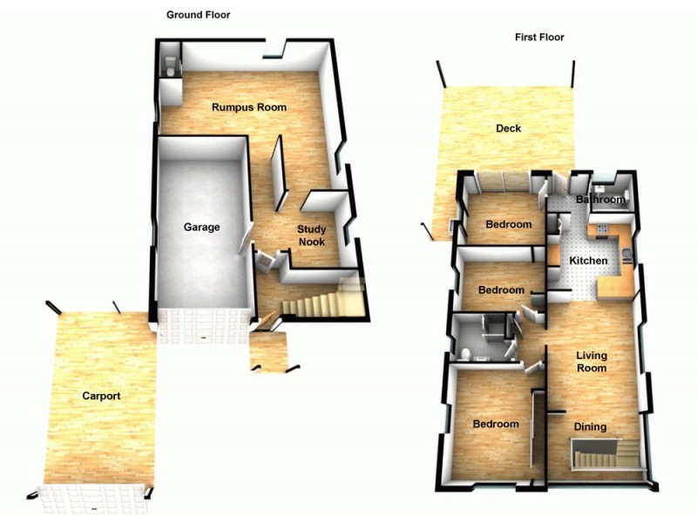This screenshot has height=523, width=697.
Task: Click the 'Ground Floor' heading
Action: [x=198, y=15]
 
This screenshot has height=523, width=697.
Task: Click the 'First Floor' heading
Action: [x=539, y=37]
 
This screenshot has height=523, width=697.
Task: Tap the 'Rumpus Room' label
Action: [x=249, y=108]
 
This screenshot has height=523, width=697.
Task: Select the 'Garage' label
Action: [x=201, y=228]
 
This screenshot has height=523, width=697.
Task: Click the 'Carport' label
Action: [x=101, y=397]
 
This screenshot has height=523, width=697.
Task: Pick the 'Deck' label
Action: [x=508, y=129]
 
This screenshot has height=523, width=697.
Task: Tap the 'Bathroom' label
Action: [x=601, y=200]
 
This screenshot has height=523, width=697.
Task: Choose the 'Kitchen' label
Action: [x=588, y=261]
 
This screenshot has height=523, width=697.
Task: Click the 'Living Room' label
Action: [x=592, y=362]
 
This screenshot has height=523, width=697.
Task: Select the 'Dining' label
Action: [x=590, y=427]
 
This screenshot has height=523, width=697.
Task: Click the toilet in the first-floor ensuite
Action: [x=466, y=353]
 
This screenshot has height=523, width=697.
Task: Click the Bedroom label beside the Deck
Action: [x=509, y=225]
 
